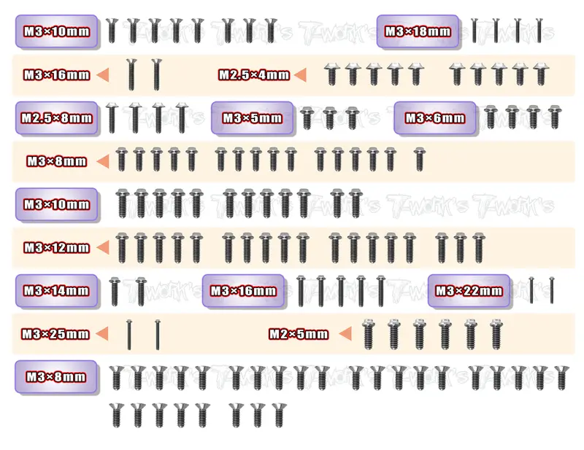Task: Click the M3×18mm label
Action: click(x=418, y=31)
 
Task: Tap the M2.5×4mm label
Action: click(x=254, y=75)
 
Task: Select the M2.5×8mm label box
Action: click(x=57, y=118)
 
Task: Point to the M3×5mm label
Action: click(x=252, y=118)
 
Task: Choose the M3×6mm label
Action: click(x=435, y=118)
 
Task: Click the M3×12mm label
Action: click(x=57, y=247)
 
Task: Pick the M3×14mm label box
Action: click(x=57, y=291)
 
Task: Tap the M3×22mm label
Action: click(x=469, y=291)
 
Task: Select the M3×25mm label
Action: click(x=55, y=334)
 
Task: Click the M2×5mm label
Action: click(x=299, y=334)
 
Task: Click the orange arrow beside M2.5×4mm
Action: click(x=300, y=75)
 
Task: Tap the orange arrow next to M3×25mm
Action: click(x=102, y=334)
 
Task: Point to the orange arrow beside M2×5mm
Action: click(x=345, y=334)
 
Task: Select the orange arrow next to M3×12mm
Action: click(x=103, y=247)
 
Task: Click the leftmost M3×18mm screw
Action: click(x=474, y=30)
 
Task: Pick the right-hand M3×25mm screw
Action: click(x=158, y=334)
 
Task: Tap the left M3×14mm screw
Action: click(x=115, y=292)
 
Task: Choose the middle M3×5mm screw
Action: click(x=330, y=118)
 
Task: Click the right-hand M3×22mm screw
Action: click(x=552, y=290)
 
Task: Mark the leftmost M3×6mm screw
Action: click(x=490, y=117)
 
